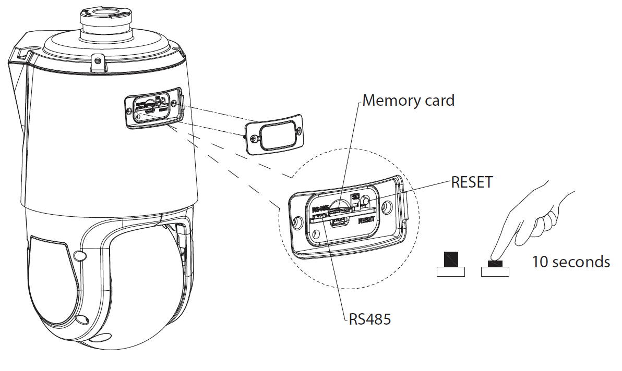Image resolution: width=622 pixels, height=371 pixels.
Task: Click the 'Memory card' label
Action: click(x=408, y=100)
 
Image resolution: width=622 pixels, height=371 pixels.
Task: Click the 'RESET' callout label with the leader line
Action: click(x=472, y=182)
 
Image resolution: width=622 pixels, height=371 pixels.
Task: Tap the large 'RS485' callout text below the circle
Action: click(x=369, y=318)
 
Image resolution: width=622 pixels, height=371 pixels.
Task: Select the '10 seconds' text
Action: click(x=570, y=261)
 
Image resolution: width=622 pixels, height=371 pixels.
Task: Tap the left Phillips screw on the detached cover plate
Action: click(x=254, y=139)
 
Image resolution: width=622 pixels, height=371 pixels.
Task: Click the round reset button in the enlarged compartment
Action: click(x=366, y=201)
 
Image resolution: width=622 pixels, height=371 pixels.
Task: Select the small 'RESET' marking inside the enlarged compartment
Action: click(x=367, y=220)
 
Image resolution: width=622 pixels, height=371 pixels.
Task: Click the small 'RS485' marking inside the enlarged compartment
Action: click(x=320, y=208)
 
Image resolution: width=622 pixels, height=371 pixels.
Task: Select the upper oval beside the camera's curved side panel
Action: click(x=80, y=255)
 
